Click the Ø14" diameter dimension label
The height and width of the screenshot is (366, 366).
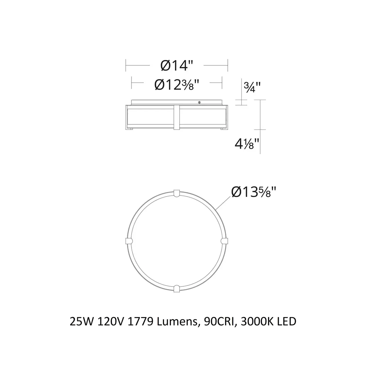[177, 65]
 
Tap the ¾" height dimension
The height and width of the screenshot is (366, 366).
[252, 87]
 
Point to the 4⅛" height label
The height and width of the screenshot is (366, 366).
[247, 144]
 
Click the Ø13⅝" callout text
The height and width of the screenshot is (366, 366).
[254, 192]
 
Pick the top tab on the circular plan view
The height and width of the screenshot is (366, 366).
[177, 193]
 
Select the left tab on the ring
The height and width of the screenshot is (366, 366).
[129, 241]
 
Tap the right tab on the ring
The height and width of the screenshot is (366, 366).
[224, 241]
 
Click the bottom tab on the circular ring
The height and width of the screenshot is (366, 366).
[177, 289]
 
